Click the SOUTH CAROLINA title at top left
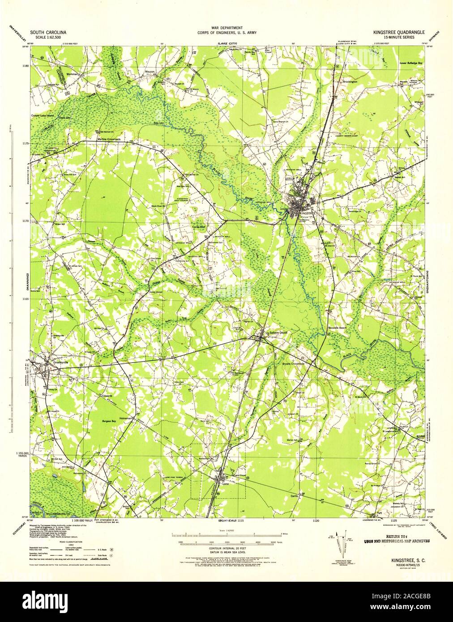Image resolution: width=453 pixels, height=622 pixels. (48, 33)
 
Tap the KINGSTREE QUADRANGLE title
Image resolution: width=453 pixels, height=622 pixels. (394, 33)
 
